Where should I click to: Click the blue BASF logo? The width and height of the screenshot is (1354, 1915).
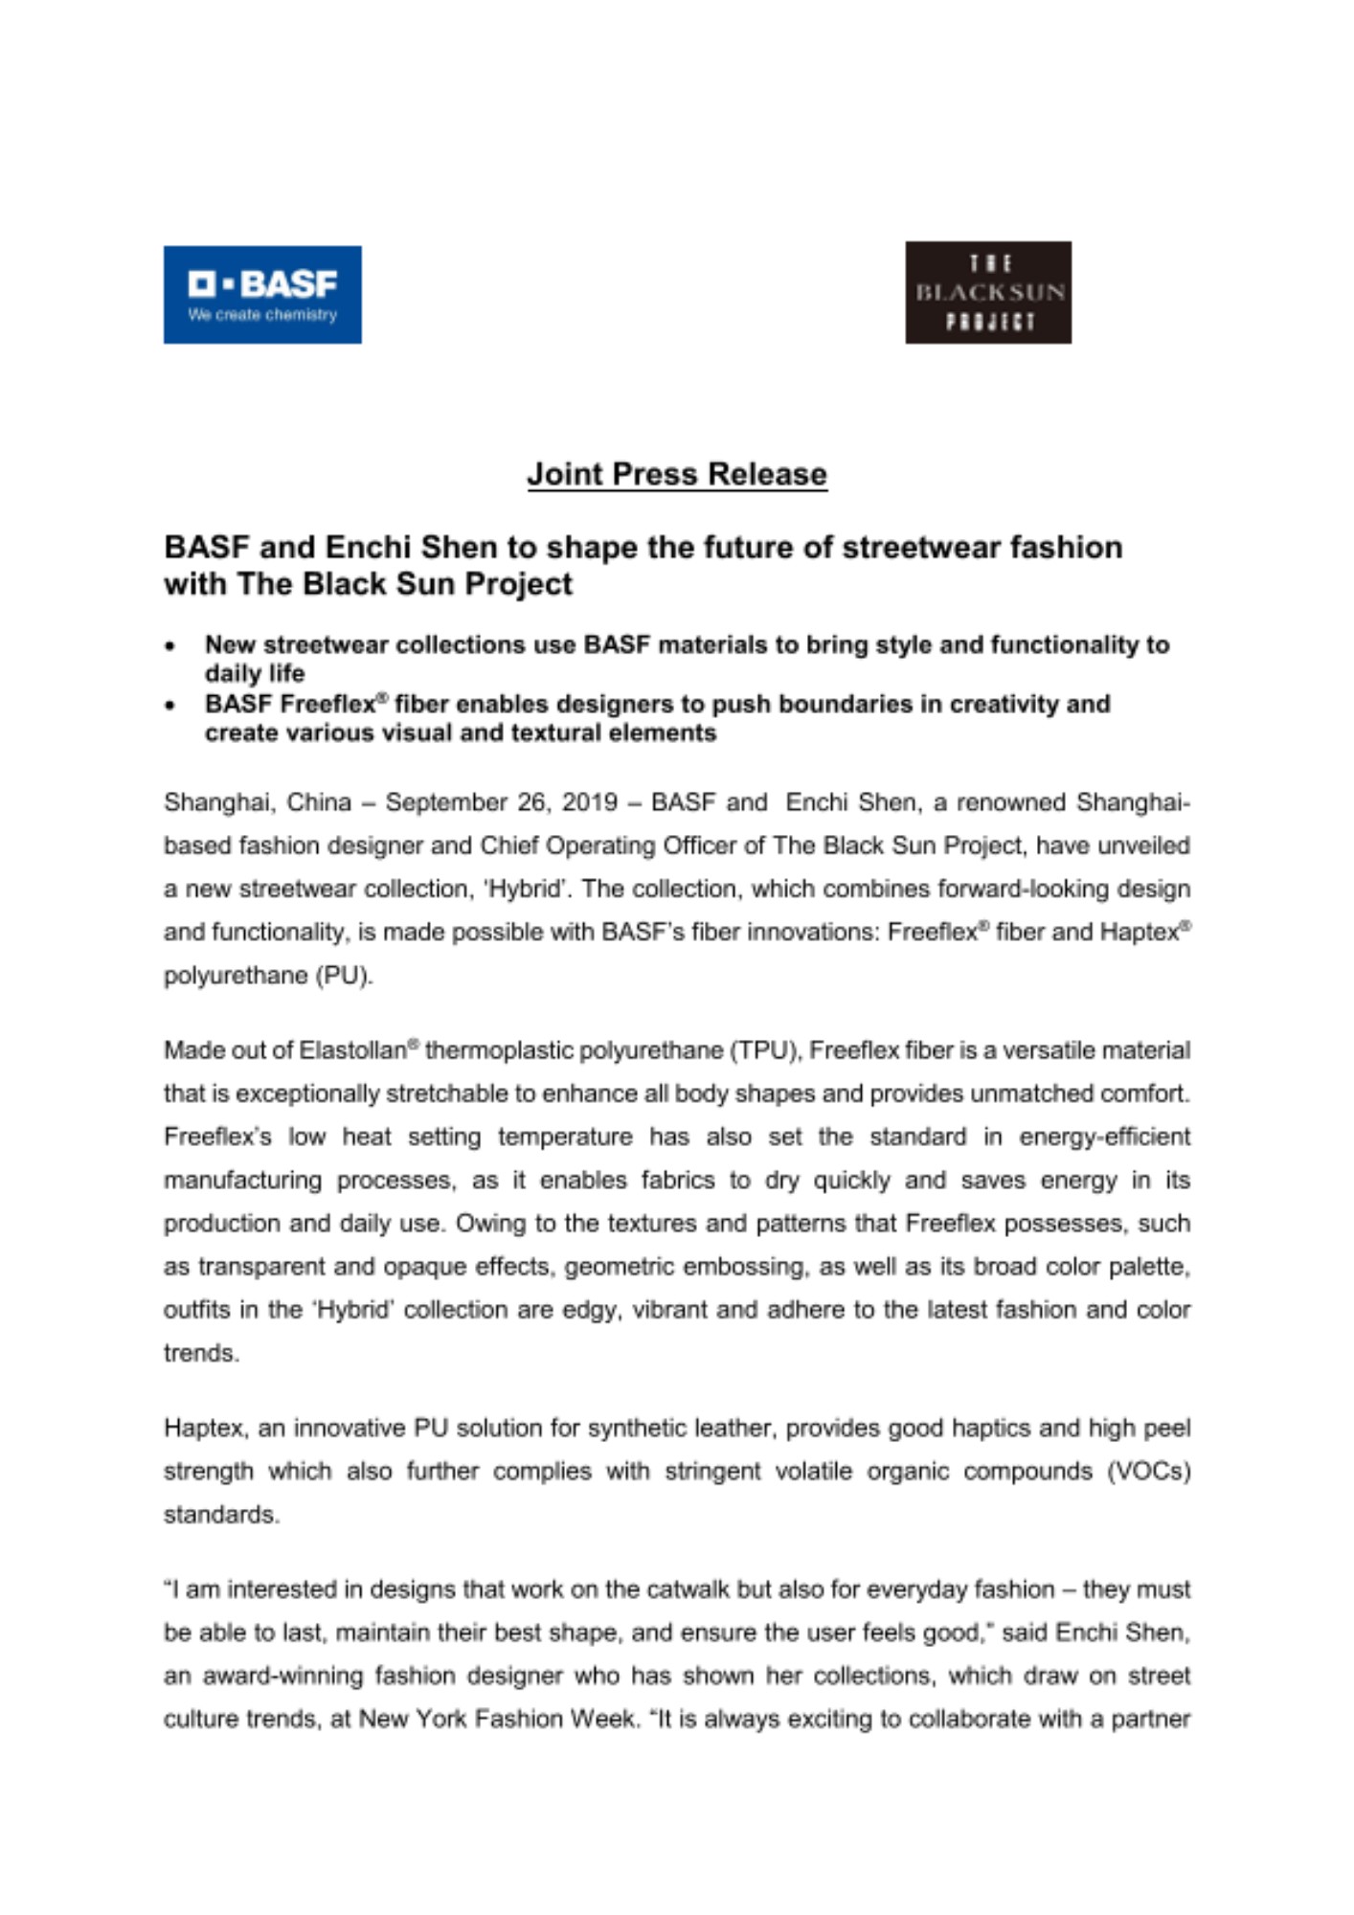click(x=262, y=295)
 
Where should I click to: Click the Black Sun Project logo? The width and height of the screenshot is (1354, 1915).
click(x=988, y=292)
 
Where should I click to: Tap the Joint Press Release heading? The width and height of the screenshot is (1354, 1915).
click(x=677, y=474)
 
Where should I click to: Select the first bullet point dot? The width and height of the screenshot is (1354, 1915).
click(x=170, y=647)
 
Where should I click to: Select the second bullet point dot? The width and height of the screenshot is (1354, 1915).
click(x=170, y=707)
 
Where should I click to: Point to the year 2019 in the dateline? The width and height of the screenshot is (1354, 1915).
click(x=589, y=801)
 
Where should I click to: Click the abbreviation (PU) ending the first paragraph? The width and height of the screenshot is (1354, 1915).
click(x=344, y=976)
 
